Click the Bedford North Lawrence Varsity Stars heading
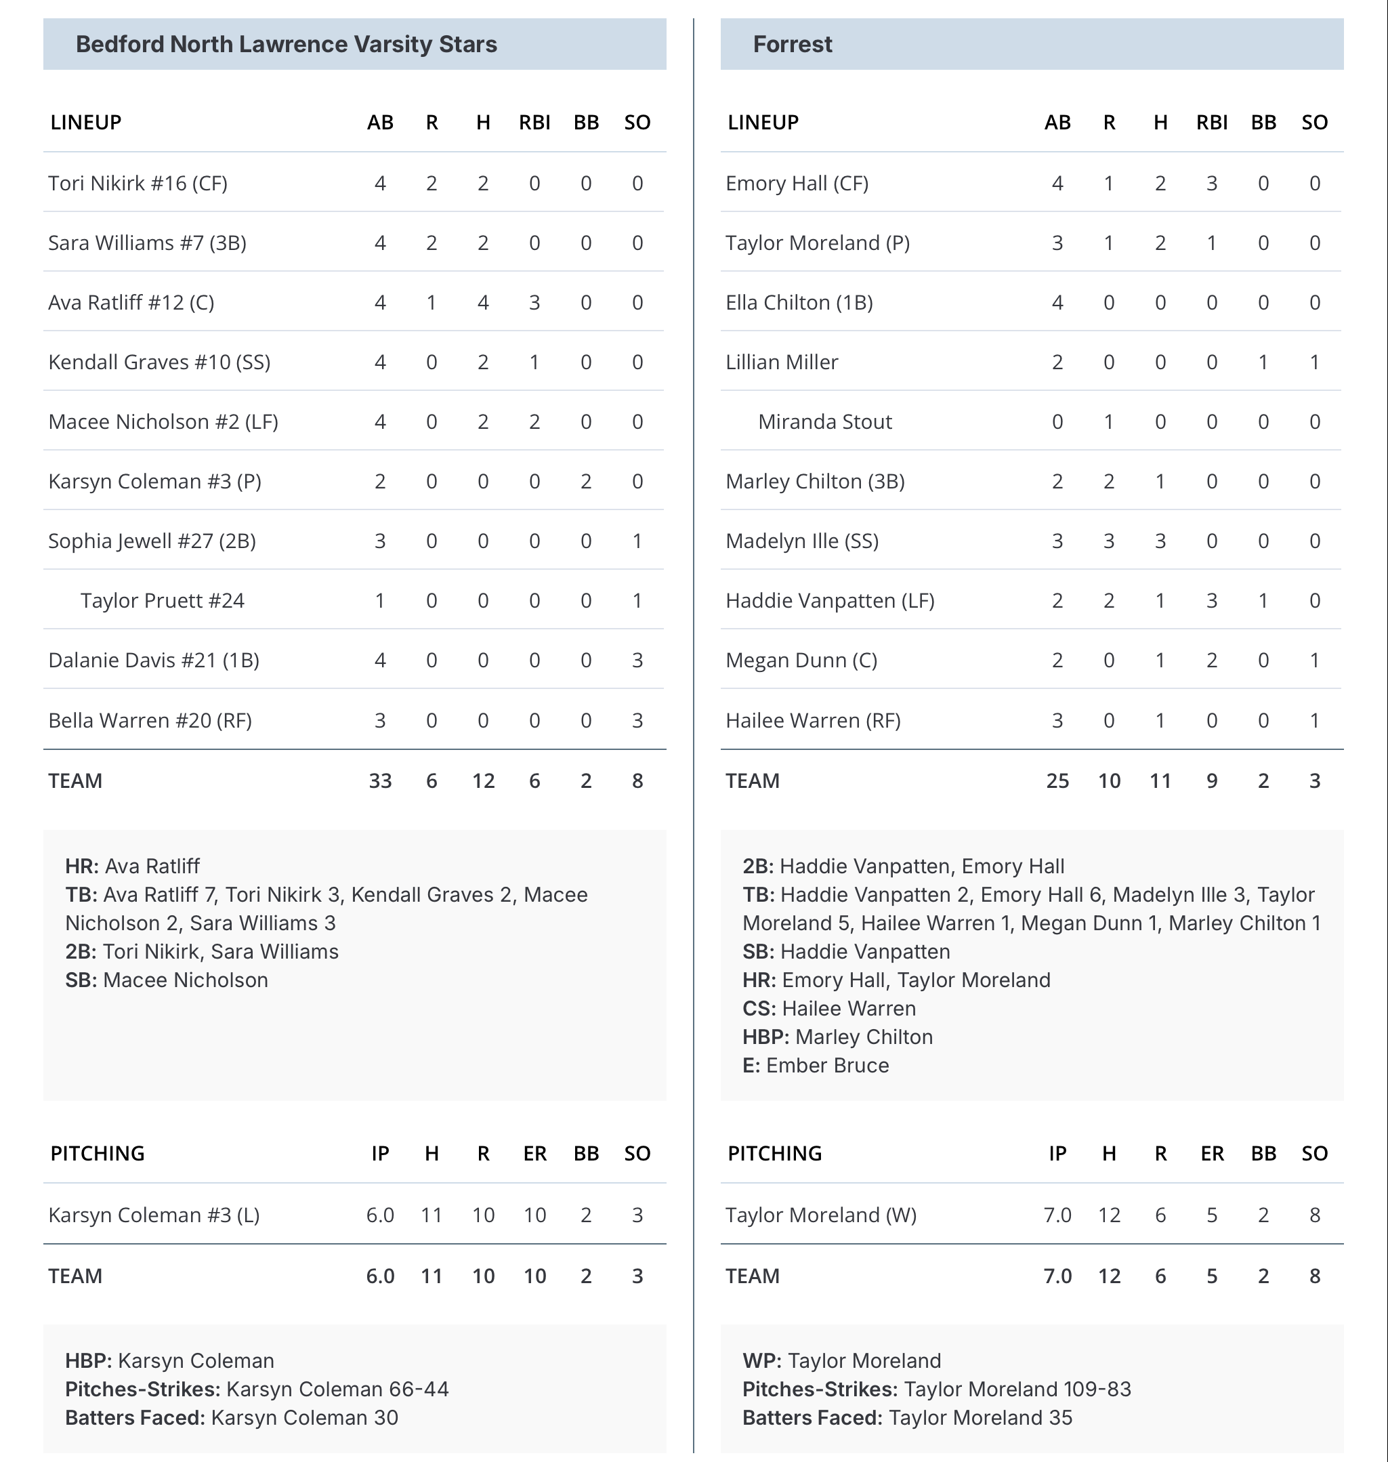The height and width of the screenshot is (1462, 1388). coord(287,45)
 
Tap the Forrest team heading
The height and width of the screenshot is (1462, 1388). coord(793,45)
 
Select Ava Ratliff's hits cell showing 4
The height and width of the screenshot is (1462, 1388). coord(483,303)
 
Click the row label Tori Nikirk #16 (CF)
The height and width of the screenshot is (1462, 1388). coord(138,184)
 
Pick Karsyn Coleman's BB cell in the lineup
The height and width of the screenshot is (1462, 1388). coord(586,482)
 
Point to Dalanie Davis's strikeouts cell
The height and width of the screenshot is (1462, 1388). coord(637,660)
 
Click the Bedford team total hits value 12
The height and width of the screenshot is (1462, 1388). coord(483,780)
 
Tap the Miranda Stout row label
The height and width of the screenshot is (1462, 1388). coord(825,421)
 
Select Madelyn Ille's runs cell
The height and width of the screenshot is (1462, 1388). coord(1108,541)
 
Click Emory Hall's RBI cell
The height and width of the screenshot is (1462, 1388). coord(1211,184)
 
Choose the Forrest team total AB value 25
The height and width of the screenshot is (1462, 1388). coord(1057,780)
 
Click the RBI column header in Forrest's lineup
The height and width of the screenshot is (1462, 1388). coord(1211,122)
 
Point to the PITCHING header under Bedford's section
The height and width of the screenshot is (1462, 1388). coord(98,1154)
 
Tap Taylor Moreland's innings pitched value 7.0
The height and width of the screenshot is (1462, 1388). coord(1057,1215)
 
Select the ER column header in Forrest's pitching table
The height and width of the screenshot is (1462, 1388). coord(1211,1154)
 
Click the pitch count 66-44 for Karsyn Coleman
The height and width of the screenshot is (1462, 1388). coord(419,1389)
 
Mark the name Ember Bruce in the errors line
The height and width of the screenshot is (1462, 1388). coord(827,1066)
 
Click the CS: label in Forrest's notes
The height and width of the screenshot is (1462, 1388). coord(759,1009)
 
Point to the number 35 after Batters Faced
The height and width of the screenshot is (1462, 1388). coord(1060,1417)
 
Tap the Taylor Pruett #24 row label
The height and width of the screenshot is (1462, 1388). coord(162,601)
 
